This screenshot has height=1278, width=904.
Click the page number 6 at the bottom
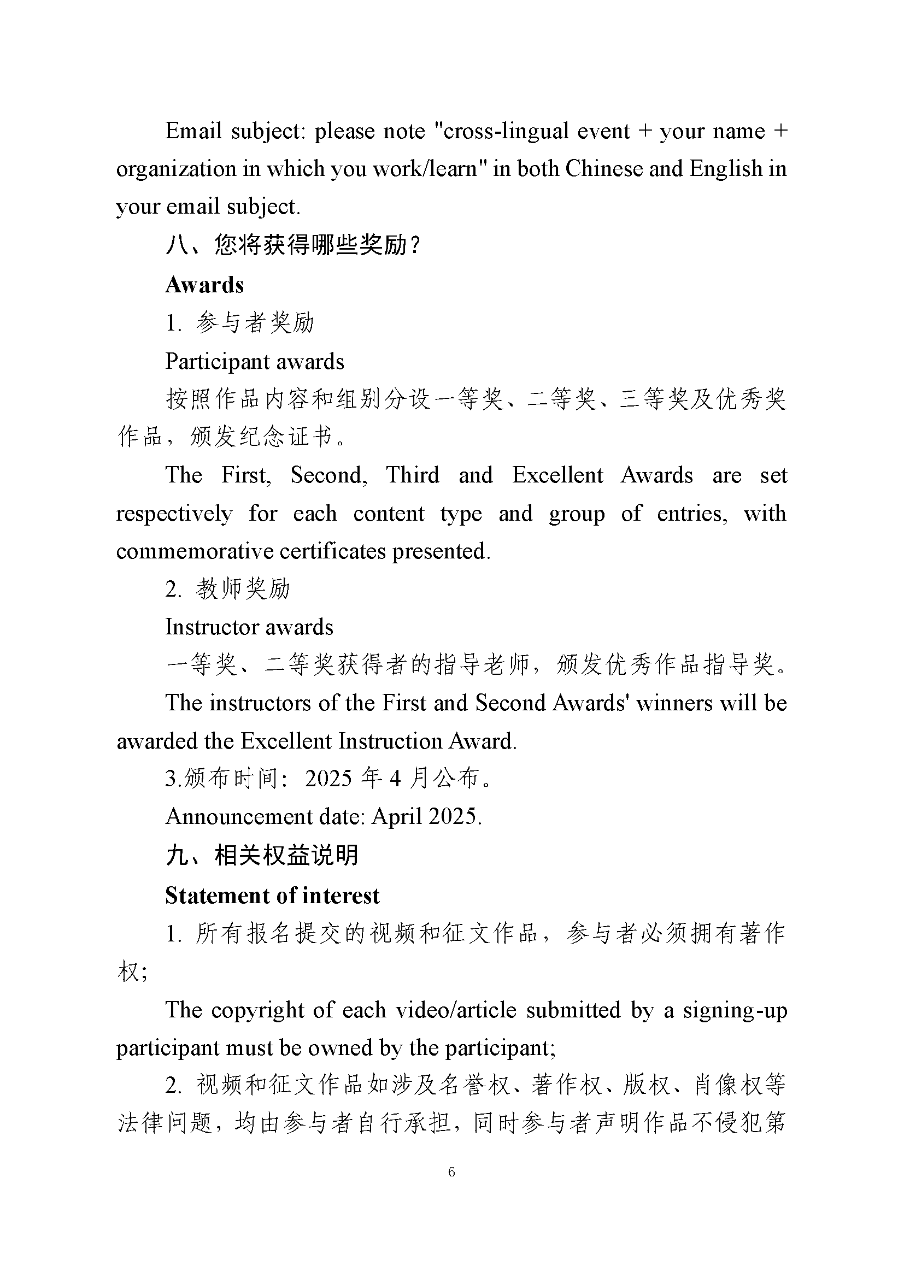(x=451, y=1171)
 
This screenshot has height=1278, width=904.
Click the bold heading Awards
(x=204, y=285)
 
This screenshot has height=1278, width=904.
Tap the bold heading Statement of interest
(x=272, y=896)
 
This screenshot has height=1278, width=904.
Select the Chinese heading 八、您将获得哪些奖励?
(x=293, y=245)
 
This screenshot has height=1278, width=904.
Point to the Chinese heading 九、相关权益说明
(x=262, y=855)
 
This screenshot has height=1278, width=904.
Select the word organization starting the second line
(x=176, y=169)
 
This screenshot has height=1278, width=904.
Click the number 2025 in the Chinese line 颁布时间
(x=328, y=778)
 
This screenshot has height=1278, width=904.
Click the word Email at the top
(x=193, y=131)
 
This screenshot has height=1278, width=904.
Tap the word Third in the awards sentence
(x=413, y=475)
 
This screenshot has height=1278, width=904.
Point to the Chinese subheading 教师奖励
(x=243, y=589)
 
